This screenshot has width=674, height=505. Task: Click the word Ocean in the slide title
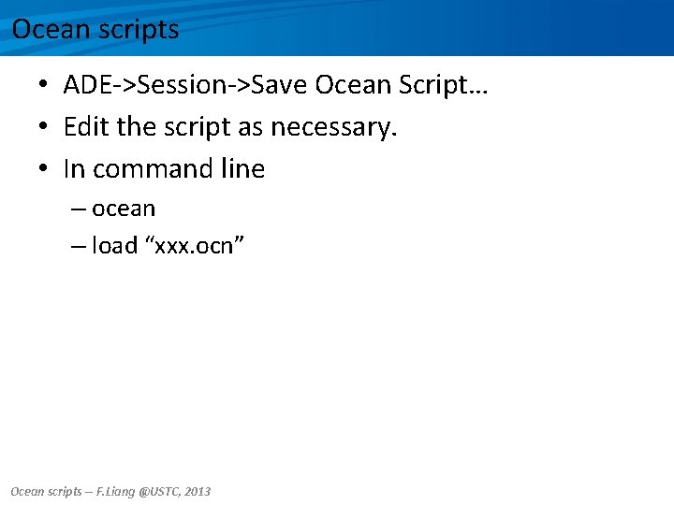click(46, 30)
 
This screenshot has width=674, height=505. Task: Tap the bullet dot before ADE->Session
click(44, 86)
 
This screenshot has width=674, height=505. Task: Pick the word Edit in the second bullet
click(86, 126)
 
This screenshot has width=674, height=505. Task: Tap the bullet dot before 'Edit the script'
click(44, 127)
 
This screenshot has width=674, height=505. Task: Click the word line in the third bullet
click(243, 169)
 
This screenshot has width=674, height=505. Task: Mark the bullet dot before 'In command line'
click(44, 169)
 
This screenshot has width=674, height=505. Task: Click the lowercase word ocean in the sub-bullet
click(124, 209)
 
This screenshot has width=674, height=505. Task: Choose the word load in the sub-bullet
click(114, 247)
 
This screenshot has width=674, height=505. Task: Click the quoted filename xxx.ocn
click(195, 247)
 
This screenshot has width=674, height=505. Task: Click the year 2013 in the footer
click(198, 491)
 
